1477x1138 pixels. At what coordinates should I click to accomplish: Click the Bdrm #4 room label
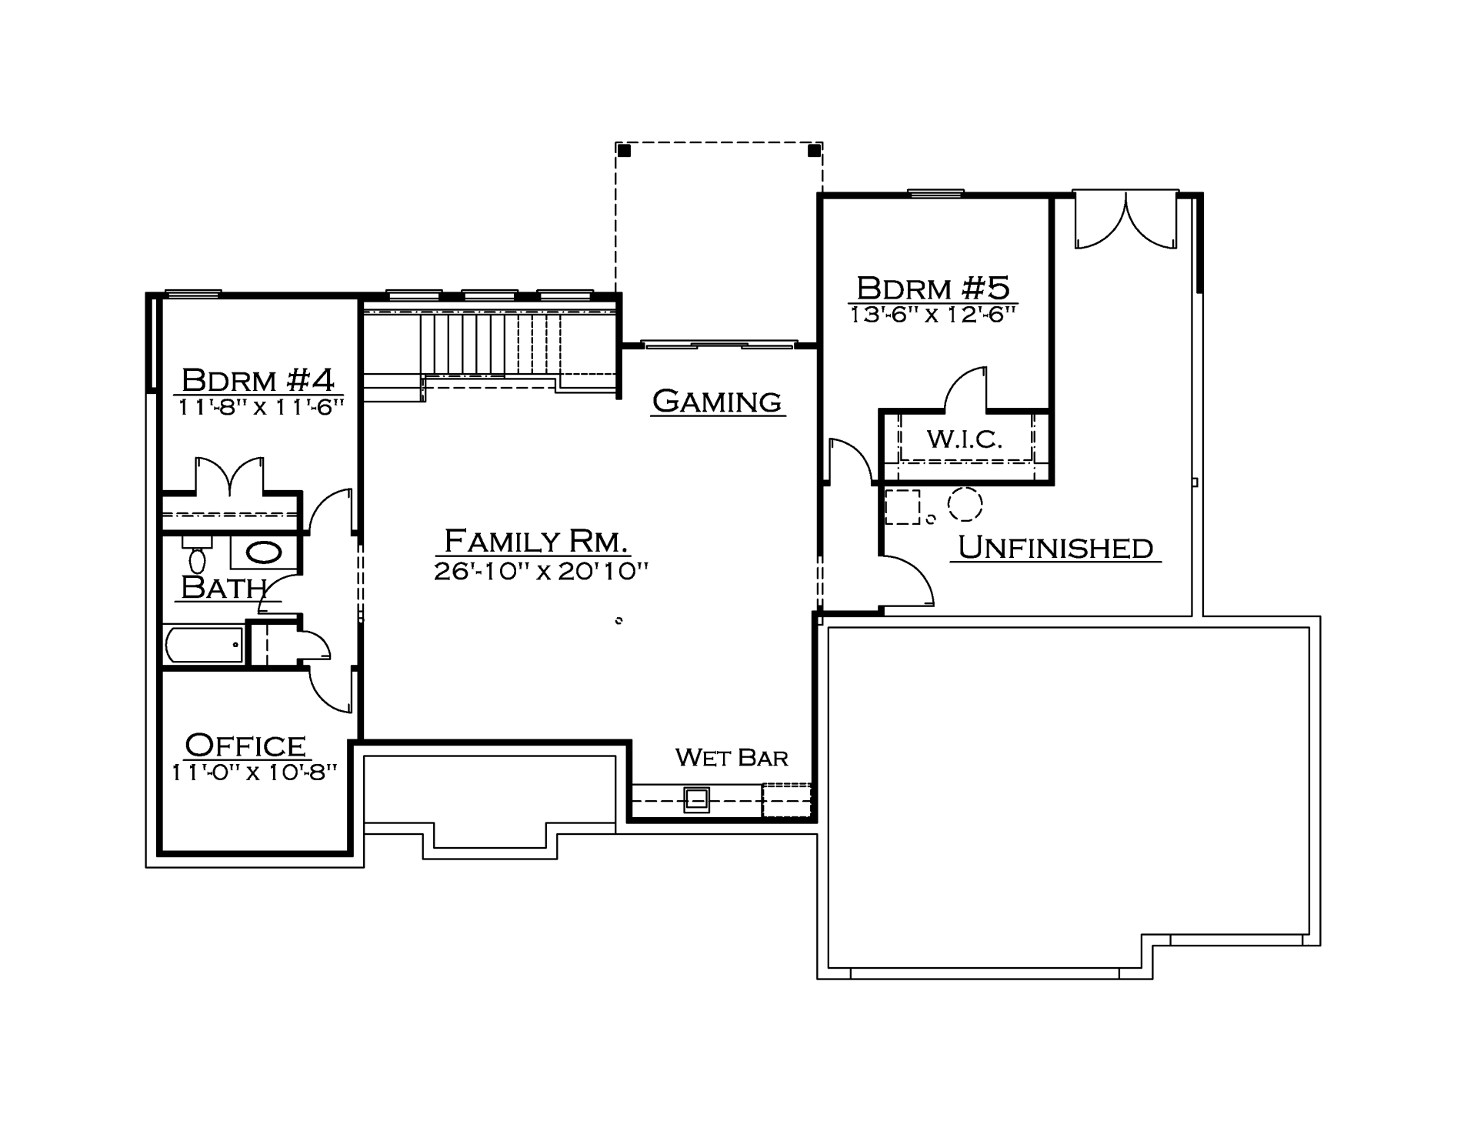coord(258,379)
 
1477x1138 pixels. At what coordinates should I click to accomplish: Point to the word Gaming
coord(717,401)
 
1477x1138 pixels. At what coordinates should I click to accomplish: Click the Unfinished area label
coord(1055,547)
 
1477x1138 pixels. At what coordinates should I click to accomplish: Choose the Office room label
coord(245,745)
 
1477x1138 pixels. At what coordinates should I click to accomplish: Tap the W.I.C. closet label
coord(965,439)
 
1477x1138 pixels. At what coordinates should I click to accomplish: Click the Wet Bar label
coord(732,758)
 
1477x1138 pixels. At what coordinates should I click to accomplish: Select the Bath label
coord(223,588)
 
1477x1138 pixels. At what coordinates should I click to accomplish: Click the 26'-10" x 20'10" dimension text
coord(541,571)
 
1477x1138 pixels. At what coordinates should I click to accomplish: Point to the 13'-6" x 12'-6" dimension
coord(933,315)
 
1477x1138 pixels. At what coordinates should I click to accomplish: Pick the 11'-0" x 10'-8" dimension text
coord(254,772)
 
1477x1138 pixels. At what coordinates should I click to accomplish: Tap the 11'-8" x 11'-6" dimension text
coord(260,407)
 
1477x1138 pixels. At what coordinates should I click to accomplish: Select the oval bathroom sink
coord(264,552)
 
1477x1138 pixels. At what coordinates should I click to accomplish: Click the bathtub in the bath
coord(205,645)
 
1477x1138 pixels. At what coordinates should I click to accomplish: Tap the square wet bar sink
coord(697,801)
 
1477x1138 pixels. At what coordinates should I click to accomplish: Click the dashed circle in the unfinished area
coord(965,504)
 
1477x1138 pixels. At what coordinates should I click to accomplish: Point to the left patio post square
coord(625,151)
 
